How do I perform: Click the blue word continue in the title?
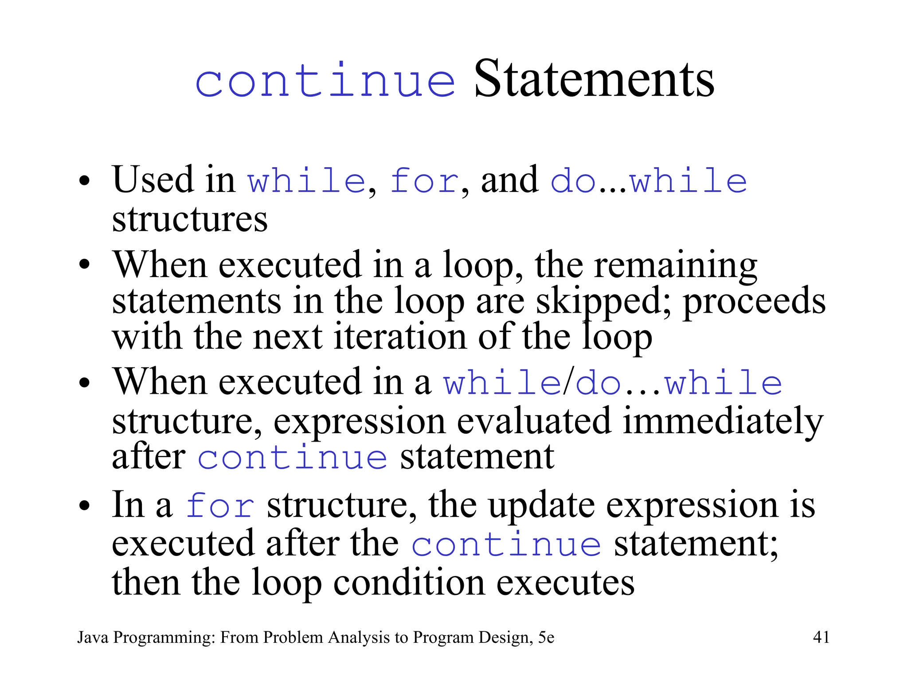click(325, 81)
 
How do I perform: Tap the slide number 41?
click(821, 637)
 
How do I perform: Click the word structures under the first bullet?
click(190, 219)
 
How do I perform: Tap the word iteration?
click(400, 337)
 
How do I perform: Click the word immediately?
click(723, 421)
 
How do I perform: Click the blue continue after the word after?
click(293, 458)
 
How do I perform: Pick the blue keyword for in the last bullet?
click(220, 506)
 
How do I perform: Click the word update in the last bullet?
click(541, 505)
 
